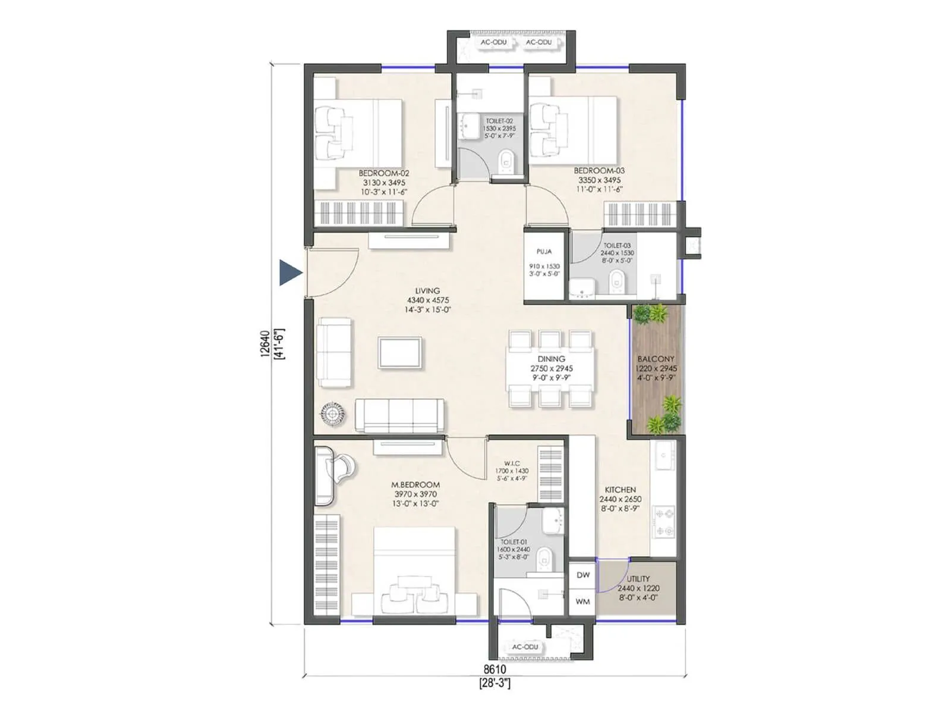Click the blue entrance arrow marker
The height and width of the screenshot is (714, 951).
click(290, 273)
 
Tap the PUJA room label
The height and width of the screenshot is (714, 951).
click(544, 252)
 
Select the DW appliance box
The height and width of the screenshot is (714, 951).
click(583, 575)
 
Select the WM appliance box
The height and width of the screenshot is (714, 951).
click(582, 602)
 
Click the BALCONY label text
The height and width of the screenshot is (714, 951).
click(656, 359)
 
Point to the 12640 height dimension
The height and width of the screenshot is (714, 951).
click(265, 344)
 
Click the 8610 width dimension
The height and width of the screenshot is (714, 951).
click(494, 670)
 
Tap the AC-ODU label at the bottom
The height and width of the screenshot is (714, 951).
click(525, 647)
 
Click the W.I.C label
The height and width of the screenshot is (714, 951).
click(512, 463)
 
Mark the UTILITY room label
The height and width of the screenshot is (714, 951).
click(638, 578)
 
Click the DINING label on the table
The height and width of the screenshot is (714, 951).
click(551, 359)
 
